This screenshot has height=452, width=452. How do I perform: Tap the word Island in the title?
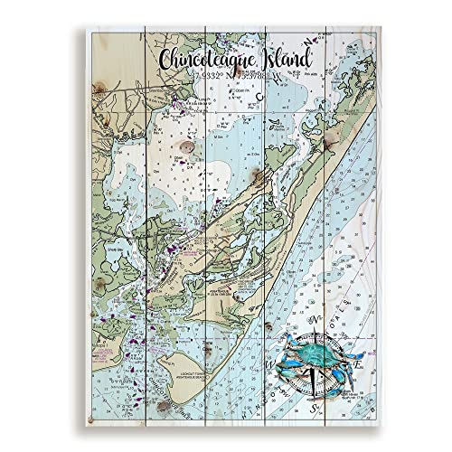[x=279, y=59]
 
